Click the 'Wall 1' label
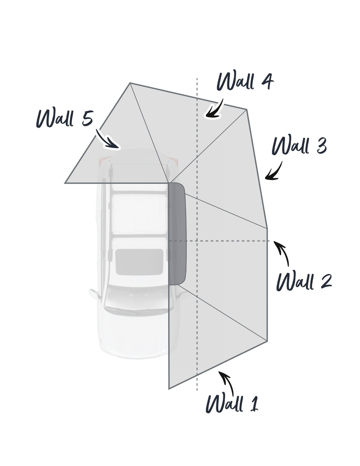click(232, 403)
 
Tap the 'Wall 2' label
click(304, 282)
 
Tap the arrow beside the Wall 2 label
click(282, 254)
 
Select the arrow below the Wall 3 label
click(273, 171)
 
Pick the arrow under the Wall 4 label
click(214, 108)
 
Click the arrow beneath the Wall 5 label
click(107, 139)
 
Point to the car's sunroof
click(139, 262)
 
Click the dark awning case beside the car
click(177, 234)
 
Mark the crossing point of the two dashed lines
click(197, 241)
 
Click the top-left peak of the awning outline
click(130, 83)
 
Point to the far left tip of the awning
click(65, 183)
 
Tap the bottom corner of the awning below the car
click(169, 388)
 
